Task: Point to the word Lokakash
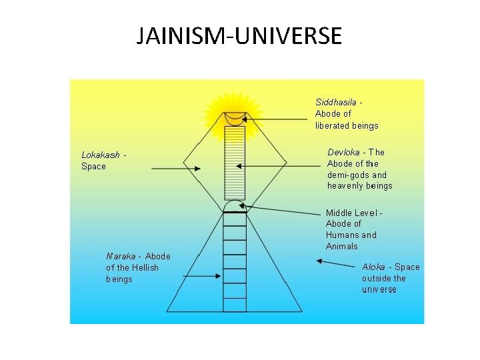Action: coord(101,155)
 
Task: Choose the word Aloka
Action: coord(374,267)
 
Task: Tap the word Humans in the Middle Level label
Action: coord(341,235)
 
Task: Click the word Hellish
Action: coord(145,267)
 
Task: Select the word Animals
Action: coord(342,246)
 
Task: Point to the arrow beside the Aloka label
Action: coord(337,263)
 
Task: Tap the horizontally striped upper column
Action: coord(235,163)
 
